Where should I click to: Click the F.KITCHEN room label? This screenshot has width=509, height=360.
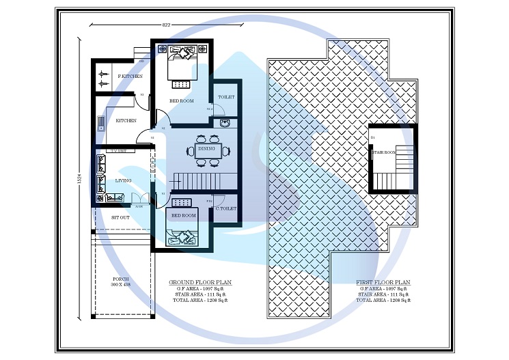[130, 77]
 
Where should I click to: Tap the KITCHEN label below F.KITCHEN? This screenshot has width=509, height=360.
[126, 120]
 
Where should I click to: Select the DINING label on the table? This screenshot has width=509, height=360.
[206, 148]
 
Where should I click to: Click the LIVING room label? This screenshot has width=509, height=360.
[123, 180]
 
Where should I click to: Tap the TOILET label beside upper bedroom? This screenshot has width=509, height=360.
[226, 97]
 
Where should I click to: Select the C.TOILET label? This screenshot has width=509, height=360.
[226, 208]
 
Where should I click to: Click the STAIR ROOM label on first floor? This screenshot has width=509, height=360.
[384, 152]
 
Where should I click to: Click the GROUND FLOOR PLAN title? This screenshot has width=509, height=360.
[200, 281]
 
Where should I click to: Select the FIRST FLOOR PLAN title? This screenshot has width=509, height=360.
[383, 281]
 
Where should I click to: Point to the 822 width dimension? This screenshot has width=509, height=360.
[166, 25]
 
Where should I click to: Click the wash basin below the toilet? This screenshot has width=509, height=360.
[225, 122]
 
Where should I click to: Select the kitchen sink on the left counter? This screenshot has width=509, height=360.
[100, 123]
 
